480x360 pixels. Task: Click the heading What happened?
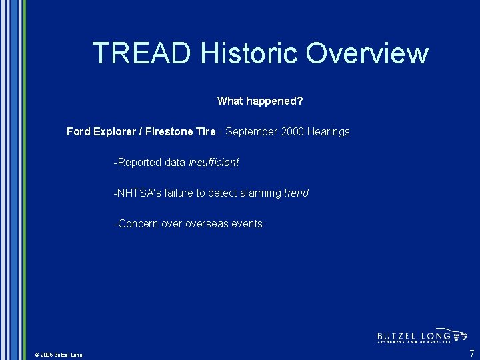(260, 101)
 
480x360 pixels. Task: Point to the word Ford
(79, 132)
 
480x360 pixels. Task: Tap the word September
(251, 132)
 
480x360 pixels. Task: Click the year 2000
(293, 132)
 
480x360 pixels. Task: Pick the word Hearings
(329, 132)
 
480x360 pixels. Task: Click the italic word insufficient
(213, 163)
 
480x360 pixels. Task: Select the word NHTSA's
(138, 193)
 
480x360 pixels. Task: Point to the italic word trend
(297, 193)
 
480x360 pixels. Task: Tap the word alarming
(261, 193)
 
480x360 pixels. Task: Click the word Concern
(138, 224)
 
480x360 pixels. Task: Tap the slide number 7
(472, 353)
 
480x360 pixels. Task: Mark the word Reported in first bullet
(140, 163)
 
